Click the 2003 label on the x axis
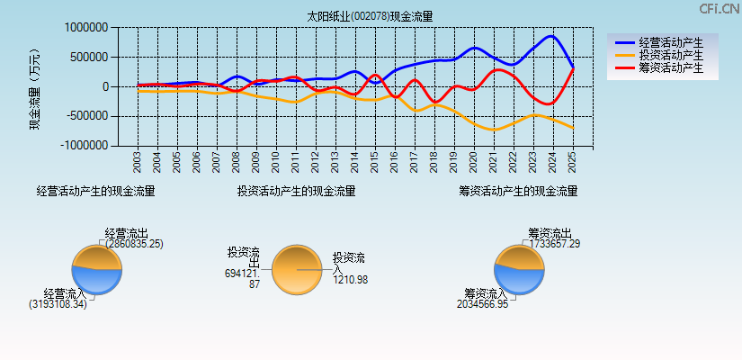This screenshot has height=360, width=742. coord(138,161)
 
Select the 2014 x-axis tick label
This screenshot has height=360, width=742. coord(354,161)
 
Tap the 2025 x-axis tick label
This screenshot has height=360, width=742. coord(572,161)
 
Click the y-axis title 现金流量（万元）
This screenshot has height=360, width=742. coord(35,87)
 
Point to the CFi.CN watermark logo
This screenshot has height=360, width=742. coord(719,9)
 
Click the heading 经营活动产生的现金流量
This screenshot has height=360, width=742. coord(95,191)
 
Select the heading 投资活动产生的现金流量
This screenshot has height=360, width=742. coord(296,191)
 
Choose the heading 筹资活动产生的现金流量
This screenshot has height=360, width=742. coord(518,191)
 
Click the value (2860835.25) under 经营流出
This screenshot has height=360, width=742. coord(134,244)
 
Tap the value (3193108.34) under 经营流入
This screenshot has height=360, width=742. coord(58,304)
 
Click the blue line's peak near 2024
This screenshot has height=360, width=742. coord(551,36)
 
